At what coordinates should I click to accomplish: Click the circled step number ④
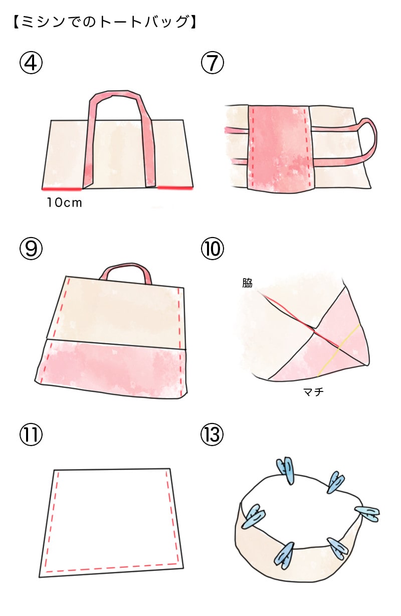[31, 63]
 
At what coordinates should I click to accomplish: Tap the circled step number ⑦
[213, 63]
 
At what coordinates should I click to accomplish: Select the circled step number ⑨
[31, 248]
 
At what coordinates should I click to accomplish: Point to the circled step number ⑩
[213, 248]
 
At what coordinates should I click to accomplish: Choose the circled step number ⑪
[31, 435]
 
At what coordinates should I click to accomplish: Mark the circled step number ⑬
[213, 435]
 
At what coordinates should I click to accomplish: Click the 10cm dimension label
[65, 203]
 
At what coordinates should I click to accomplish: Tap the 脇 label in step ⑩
[247, 283]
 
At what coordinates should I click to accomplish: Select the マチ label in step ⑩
[313, 391]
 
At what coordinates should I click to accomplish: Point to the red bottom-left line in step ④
[62, 189]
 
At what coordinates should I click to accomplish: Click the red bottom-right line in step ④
[175, 187]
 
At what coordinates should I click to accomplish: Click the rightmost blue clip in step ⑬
[367, 514]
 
